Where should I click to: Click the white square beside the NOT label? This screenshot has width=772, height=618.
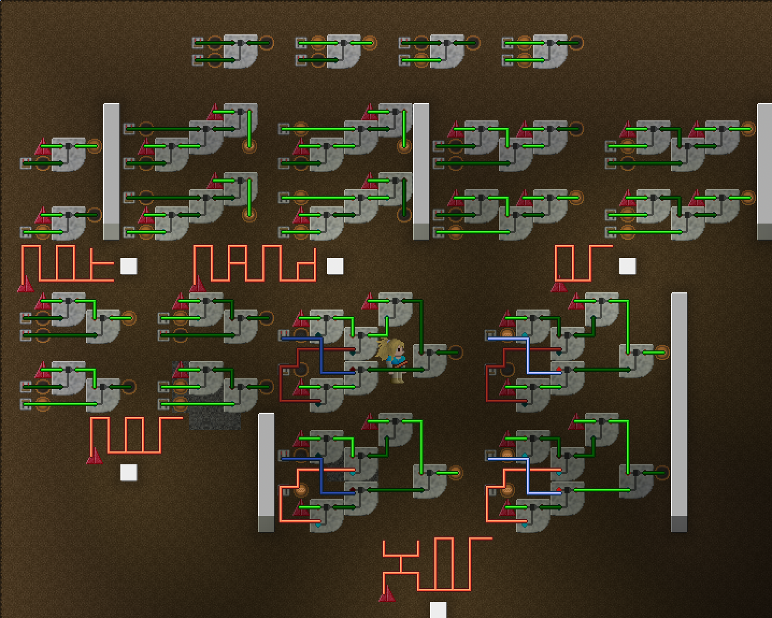[x=128, y=266]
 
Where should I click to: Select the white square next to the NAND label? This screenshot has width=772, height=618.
[x=335, y=266]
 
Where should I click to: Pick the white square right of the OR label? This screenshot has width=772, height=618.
[x=627, y=266]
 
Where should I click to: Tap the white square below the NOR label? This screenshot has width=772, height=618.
[x=128, y=472]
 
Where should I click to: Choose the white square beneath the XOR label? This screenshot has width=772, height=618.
[x=438, y=609]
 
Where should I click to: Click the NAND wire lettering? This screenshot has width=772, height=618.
[x=255, y=263]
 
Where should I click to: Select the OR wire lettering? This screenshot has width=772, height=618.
[x=583, y=263]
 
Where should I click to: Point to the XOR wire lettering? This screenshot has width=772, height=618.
[x=435, y=564]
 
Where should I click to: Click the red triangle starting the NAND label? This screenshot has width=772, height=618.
[x=198, y=284]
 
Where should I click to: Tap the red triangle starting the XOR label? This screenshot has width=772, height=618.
[x=387, y=593]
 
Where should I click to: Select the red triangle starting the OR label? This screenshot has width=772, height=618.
[x=559, y=285]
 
